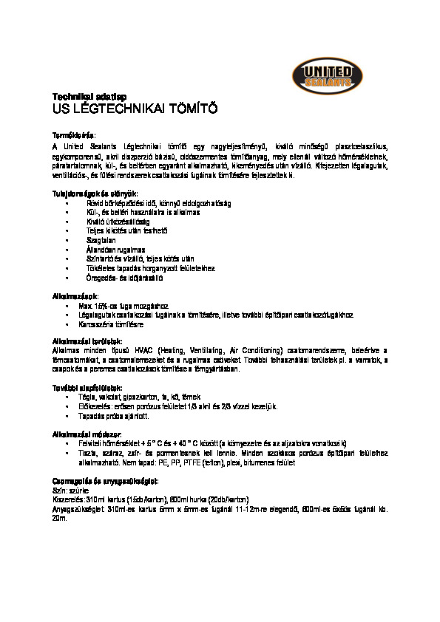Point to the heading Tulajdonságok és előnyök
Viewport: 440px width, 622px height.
click(94, 193)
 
